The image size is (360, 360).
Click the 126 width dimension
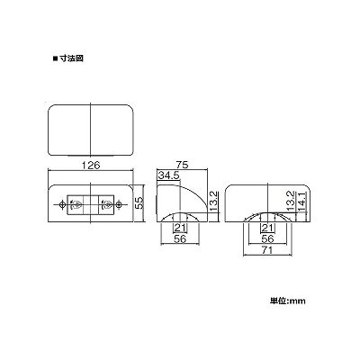click(x=91, y=165)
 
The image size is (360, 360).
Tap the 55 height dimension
click(x=139, y=203)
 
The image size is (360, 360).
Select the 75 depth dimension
click(x=182, y=165)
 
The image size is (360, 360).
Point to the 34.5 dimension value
click(x=168, y=175)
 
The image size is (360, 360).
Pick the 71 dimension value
click(x=266, y=250)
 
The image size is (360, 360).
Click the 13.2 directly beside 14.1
click(x=291, y=201)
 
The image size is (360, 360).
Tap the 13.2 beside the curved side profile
click(x=213, y=201)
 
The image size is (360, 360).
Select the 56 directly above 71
click(x=267, y=239)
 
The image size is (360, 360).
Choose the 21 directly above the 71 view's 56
click(x=267, y=228)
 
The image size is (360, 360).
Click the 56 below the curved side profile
click(x=180, y=239)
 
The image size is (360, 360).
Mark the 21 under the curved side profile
click(x=180, y=228)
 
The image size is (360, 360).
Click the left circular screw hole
click(x=62, y=204)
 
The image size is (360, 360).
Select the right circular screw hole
click(x=119, y=204)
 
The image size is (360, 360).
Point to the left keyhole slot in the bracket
click(x=76, y=204)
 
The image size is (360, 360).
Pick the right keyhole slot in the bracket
click(x=106, y=204)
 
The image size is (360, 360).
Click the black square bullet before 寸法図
click(x=55, y=58)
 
